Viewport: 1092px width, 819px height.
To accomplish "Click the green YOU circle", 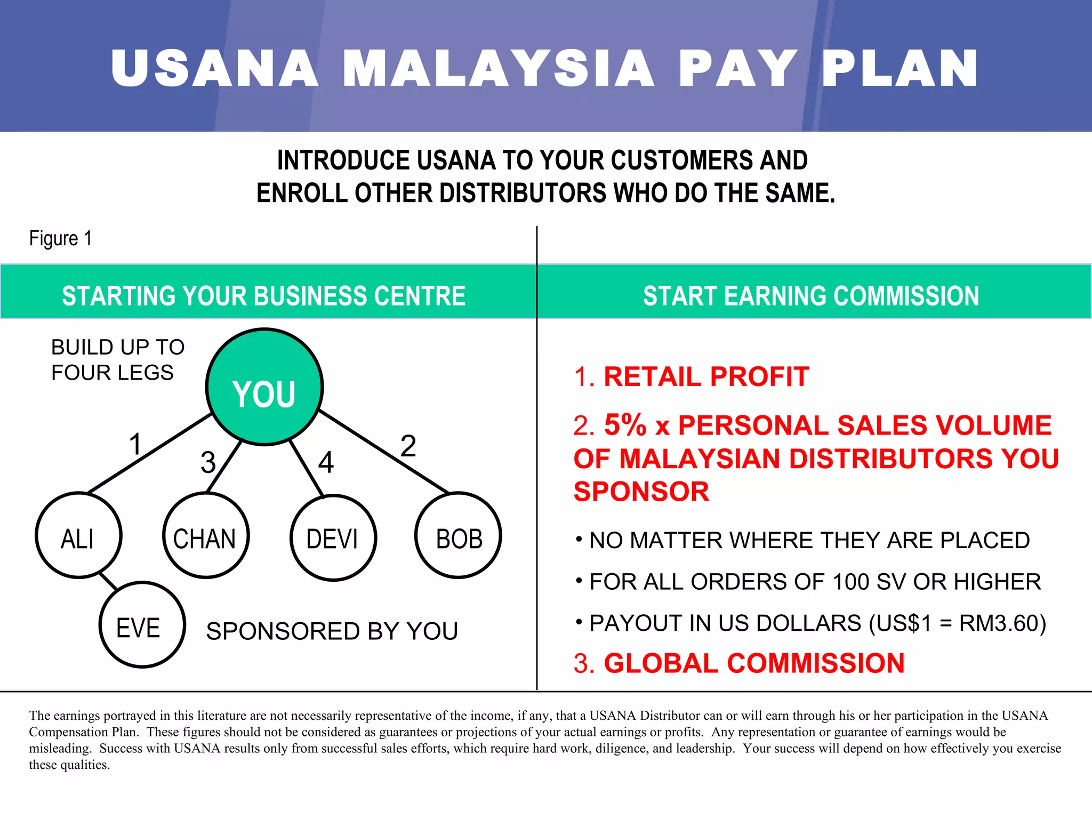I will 264,387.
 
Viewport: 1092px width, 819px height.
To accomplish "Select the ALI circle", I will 78,535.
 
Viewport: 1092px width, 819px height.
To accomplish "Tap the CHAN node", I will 205,535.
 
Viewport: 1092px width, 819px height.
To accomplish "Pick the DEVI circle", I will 333,537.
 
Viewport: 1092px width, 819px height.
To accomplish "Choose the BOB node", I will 458,535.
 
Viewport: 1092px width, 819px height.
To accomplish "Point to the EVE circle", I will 142,625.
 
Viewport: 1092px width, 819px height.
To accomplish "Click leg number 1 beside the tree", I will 135,444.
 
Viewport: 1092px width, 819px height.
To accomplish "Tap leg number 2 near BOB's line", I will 408,445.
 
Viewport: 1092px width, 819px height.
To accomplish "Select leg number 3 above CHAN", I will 208,462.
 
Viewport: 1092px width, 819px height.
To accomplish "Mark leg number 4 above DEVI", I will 326,462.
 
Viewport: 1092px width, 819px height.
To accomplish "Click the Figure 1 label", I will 60,238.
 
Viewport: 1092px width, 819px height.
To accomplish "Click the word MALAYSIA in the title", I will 499,68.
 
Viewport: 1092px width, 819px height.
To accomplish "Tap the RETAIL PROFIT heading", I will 706,377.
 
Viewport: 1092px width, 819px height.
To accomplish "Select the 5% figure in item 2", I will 625,425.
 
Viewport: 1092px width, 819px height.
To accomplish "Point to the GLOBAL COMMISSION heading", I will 754,663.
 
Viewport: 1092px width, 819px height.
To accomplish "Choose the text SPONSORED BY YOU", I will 332,631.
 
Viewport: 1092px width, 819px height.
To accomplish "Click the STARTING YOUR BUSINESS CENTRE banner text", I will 263,296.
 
